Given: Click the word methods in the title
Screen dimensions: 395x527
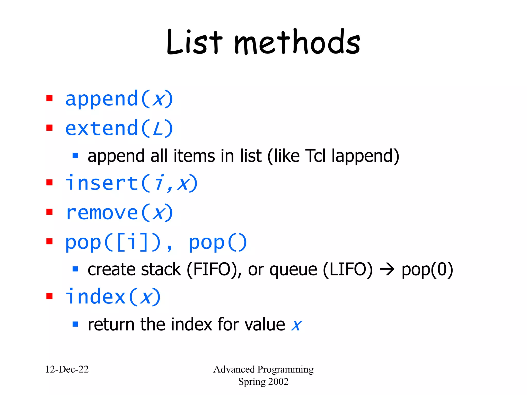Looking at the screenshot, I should click(297, 42).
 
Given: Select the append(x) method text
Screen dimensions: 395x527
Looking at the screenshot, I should click(119, 99).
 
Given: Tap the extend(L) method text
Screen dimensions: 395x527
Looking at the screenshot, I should click(119, 128).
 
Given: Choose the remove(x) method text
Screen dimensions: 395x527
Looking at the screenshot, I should click(119, 213).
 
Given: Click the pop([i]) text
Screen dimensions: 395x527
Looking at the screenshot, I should click(113, 242).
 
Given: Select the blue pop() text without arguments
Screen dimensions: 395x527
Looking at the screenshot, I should click(218, 242).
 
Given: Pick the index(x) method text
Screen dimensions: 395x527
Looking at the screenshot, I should click(113, 297).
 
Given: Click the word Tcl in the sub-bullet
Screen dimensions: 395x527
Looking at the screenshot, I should click(315, 156).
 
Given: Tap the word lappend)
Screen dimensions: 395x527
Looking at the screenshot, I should click(365, 156).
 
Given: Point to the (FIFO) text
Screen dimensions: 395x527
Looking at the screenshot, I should click(214, 270).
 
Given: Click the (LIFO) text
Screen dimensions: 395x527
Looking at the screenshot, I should click(348, 270).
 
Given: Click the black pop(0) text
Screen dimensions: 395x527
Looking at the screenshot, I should click(427, 270).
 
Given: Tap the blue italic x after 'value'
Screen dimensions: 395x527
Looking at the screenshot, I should click(296, 325).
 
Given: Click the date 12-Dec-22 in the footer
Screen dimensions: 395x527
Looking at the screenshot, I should click(67, 369).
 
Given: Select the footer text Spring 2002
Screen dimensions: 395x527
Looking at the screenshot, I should click(263, 382).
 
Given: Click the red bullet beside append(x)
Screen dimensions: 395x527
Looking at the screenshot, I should click(49, 98).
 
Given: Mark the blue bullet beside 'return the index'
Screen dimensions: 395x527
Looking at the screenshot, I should click(75, 324).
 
